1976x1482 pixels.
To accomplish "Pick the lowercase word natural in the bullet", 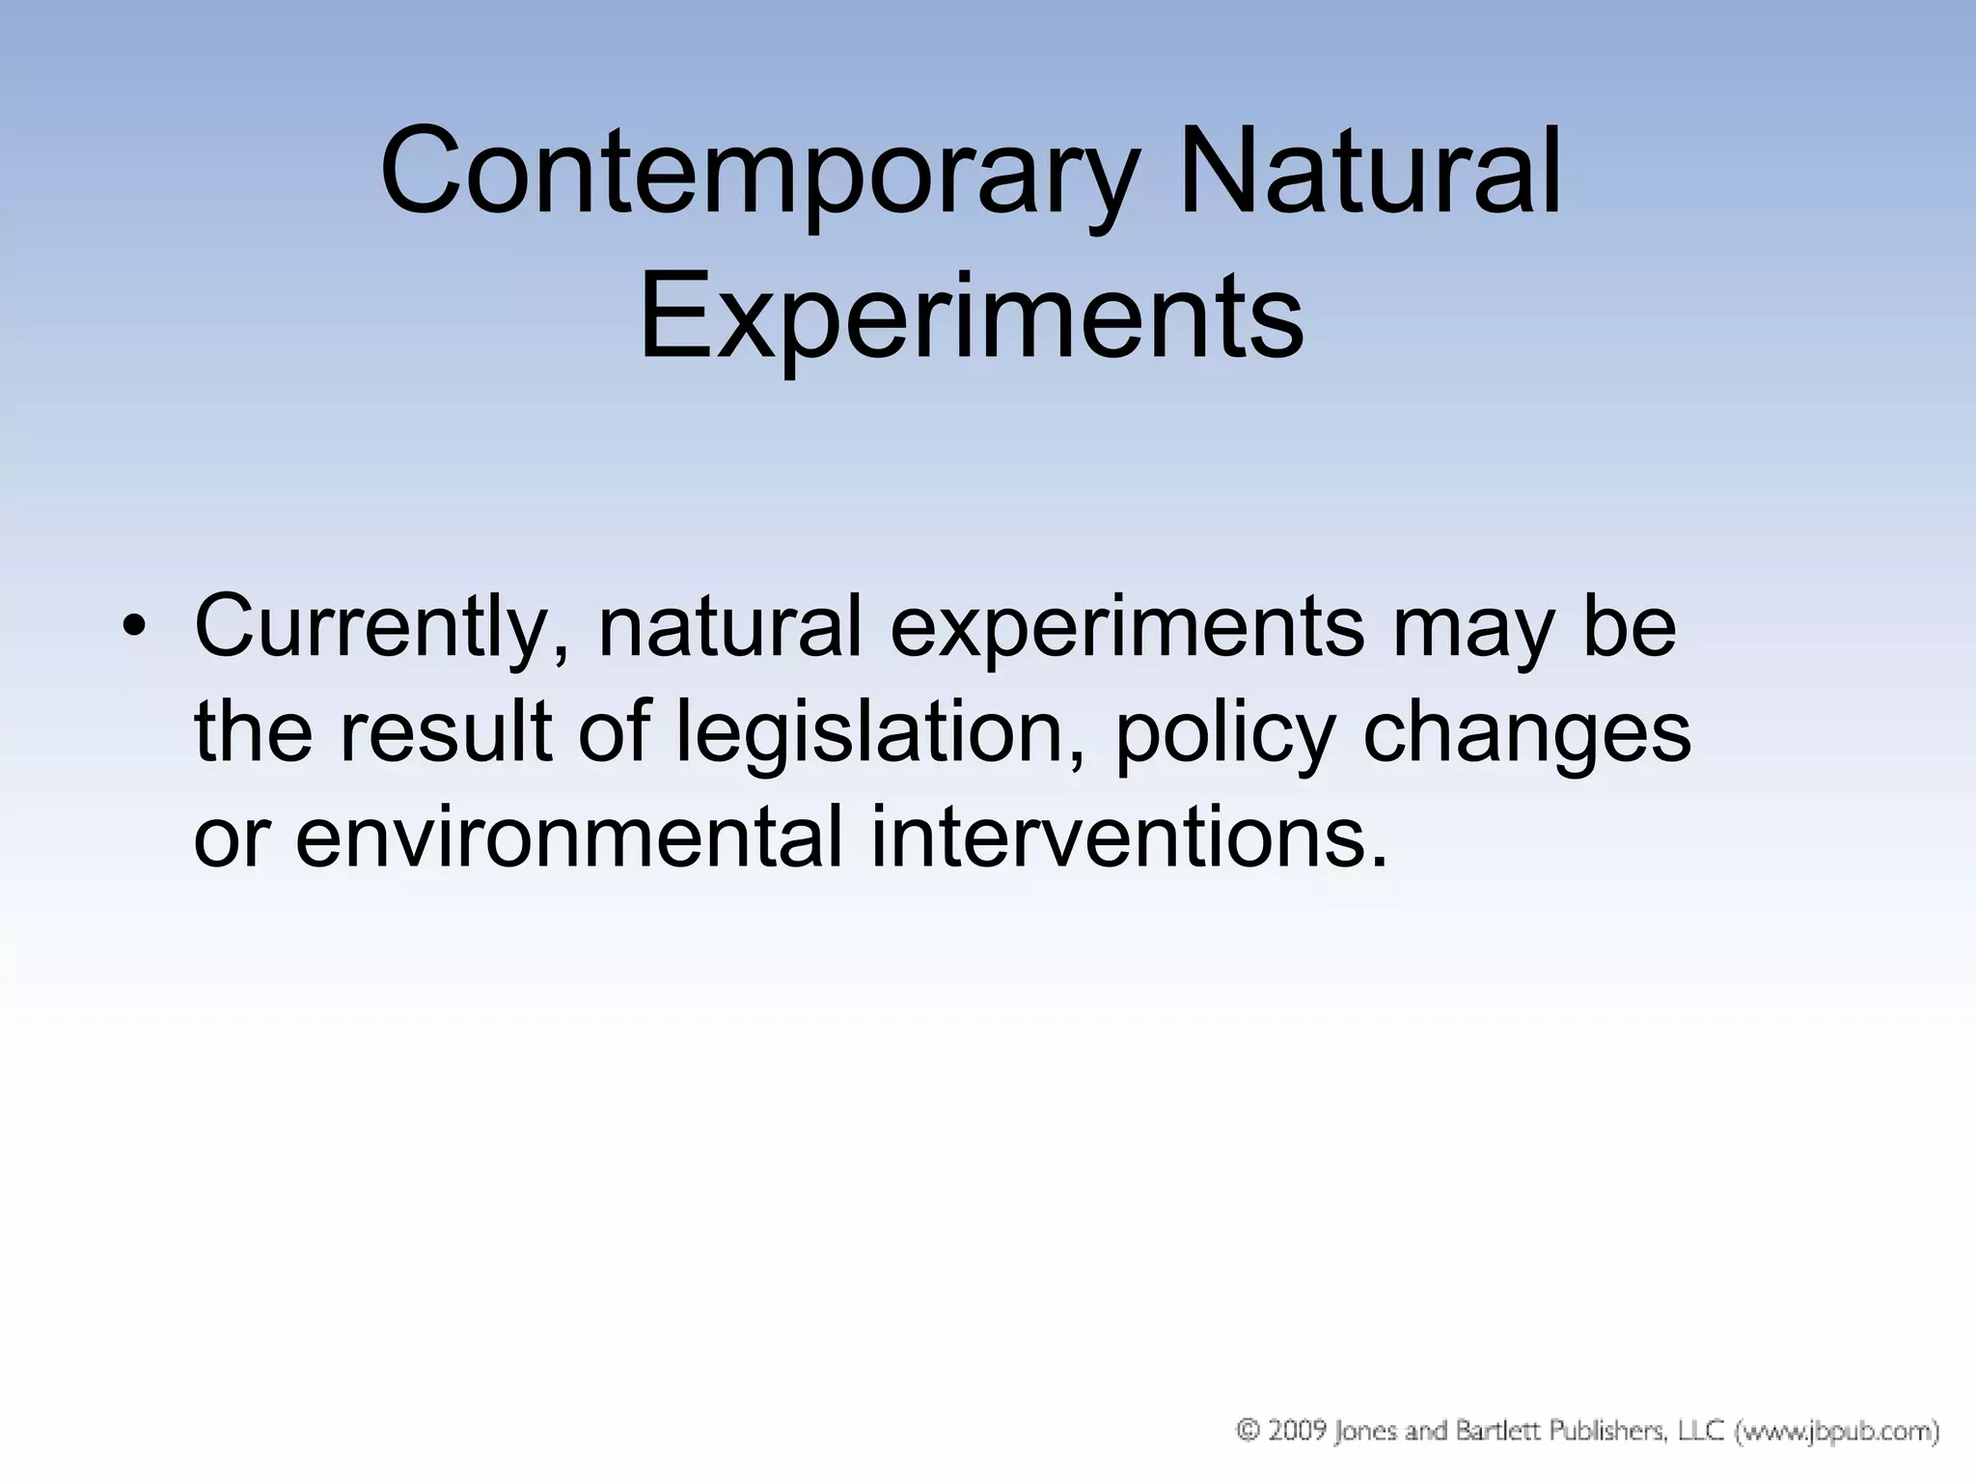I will tap(728, 627).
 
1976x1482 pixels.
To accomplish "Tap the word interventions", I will tap(1129, 837).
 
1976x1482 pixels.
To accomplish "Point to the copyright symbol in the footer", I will tap(1249, 1431).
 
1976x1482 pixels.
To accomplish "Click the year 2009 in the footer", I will tap(1297, 1431).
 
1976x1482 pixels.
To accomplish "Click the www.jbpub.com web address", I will tap(1837, 1432).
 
